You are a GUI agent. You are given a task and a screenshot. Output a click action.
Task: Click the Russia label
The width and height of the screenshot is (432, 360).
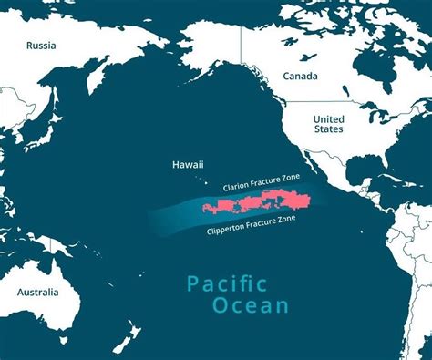tap(41, 45)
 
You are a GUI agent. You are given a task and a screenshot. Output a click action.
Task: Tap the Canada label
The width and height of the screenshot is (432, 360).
tap(300, 77)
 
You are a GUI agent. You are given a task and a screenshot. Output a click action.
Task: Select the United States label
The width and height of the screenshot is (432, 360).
tap(328, 124)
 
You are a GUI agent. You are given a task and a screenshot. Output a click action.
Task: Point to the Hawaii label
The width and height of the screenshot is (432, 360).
tap(187, 165)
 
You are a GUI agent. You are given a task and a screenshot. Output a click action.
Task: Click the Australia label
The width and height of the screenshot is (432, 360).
tap(37, 292)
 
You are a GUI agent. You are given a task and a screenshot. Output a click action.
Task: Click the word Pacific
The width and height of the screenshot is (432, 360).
tap(228, 283)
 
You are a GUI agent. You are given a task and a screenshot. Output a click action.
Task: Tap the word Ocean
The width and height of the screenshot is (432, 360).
tap(252, 306)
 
